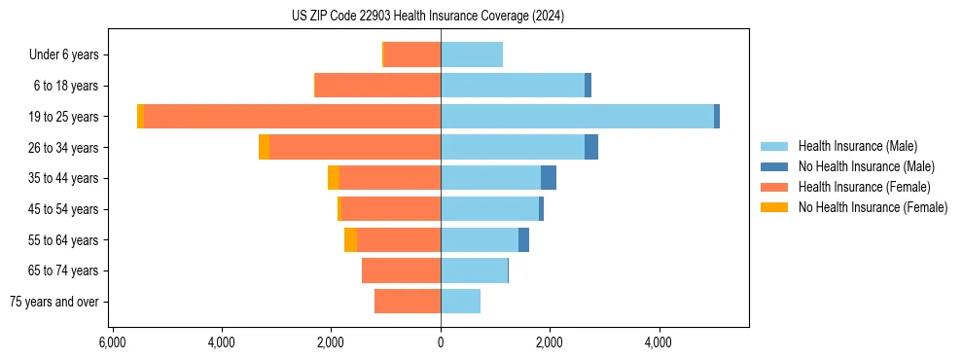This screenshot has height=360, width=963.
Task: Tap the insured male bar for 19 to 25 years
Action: tap(577, 117)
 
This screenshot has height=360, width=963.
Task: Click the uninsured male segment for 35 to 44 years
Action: tap(549, 178)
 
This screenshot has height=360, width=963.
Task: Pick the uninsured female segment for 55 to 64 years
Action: tap(350, 240)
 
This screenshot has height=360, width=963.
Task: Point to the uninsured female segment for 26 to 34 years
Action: tap(264, 148)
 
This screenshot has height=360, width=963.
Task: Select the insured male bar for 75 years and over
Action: tap(460, 302)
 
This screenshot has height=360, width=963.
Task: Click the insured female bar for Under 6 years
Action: tap(412, 55)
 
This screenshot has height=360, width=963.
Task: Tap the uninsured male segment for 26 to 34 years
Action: tap(591, 148)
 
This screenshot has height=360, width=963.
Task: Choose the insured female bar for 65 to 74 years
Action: tap(401, 270)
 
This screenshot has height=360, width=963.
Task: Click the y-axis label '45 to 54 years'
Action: tap(64, 209)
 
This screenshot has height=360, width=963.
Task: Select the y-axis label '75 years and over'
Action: tap(54, 302)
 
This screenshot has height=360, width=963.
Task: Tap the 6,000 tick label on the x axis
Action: tap(112, 342)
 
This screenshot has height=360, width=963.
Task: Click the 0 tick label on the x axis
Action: tap(441, 342)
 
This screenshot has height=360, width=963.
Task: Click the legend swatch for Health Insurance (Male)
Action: tap(774, 146)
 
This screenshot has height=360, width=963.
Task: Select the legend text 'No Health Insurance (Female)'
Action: tap(872, 207)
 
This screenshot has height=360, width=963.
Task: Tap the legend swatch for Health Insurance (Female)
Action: tap(774, 187)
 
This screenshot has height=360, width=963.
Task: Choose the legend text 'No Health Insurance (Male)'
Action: tap(866, 166)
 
